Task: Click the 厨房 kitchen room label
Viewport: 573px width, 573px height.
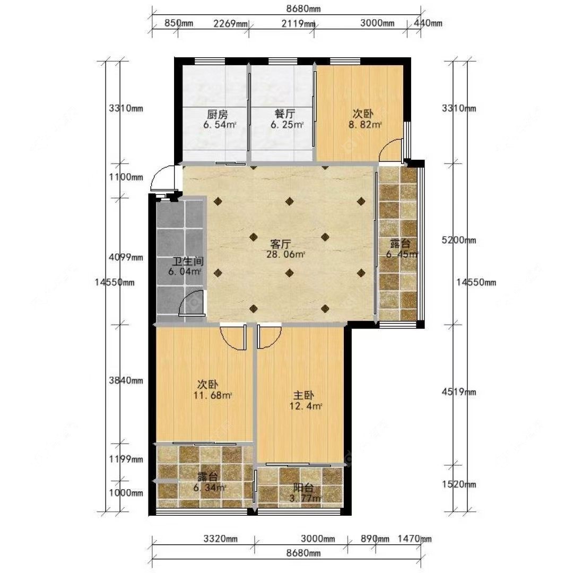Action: [218, 115]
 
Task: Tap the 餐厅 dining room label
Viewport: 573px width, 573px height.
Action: [285, 115]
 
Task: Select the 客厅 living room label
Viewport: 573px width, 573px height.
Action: [281, 244]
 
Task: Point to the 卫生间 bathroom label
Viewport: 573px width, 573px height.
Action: [188, 262]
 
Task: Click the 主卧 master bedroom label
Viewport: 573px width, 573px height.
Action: [304, 396]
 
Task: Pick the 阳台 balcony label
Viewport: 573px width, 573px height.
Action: [304, 488]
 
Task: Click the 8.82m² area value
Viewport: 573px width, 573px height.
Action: [365, 125]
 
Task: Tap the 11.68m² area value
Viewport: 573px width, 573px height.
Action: [213, 395]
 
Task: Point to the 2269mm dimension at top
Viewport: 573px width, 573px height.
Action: [230, 24]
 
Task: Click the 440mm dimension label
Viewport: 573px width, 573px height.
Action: [428, 23]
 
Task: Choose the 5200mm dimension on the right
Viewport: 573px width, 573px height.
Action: [459, 240]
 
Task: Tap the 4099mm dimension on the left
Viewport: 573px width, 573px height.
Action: [126, 257]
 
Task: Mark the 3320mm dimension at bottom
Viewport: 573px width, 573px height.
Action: [221, 539]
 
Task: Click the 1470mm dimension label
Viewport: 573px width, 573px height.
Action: [414, 539]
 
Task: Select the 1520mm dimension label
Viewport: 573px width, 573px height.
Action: [459, 484]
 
